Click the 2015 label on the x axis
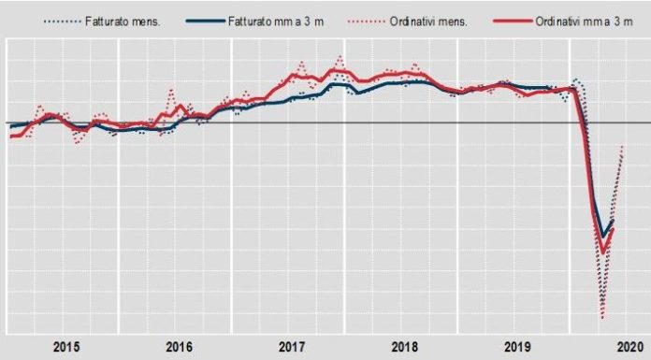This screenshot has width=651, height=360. tap(65, 347)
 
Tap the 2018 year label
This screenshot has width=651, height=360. tap(404, 347)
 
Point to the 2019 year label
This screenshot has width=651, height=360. tap(517, 347)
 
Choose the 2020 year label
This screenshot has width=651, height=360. tap(629, 347)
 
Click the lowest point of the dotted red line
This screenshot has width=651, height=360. tap(601, 317)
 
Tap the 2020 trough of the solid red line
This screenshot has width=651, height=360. tap(603, 252)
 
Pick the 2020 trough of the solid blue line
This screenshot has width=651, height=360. tap(603, 235)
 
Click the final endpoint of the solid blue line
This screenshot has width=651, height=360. tap(613, 221)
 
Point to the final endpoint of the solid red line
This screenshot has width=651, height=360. tap(613, 229)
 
